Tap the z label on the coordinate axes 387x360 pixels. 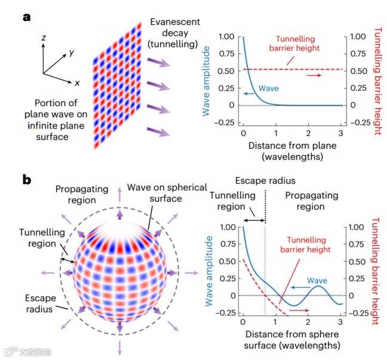43,37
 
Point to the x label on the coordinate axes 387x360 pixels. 77,83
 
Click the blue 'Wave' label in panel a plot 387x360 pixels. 269,88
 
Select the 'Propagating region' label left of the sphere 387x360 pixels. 82,194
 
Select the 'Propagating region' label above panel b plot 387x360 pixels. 311,201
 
